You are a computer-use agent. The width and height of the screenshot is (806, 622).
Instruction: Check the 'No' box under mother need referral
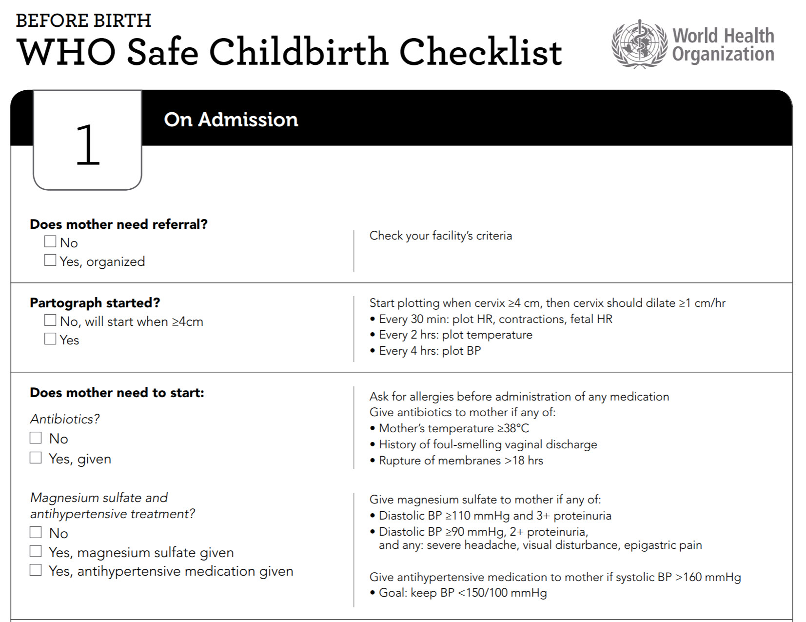(50, 241)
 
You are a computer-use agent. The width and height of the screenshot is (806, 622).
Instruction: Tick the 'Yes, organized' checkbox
(50, 260)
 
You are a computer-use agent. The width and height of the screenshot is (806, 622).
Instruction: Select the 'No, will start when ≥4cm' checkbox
(50, 320)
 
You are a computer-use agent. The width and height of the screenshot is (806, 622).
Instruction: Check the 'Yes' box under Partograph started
(50, 339)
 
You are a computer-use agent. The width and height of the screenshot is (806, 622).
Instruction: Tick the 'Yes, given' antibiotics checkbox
(36, 458)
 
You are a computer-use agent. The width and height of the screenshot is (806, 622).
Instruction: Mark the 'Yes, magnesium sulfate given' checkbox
(36, 551)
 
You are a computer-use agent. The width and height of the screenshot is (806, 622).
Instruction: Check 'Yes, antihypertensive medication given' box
(36, 570)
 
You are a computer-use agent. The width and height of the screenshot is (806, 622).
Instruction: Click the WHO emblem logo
(639, 44)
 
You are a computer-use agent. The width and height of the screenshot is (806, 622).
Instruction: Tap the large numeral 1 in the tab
(88, 145)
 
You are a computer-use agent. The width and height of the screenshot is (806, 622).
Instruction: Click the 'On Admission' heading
(231, 120)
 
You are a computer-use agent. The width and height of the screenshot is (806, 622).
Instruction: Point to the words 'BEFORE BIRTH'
(83, 20)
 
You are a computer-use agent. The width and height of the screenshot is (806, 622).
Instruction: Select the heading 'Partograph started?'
(95, 303)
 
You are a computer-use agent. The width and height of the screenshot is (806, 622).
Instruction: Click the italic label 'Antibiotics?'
(65, 419)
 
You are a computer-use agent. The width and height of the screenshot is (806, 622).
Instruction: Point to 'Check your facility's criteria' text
(441, 236)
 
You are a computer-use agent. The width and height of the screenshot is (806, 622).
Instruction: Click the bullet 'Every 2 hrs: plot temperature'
(455, 335)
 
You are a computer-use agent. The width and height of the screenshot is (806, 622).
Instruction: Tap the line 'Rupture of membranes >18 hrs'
(461, 461)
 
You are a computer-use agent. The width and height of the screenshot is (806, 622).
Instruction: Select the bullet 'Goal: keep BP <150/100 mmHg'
(463, 593)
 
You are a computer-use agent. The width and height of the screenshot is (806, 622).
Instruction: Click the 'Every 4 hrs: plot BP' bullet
(430, 351)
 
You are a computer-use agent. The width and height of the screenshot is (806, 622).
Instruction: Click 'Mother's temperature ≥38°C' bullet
(453, 428)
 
